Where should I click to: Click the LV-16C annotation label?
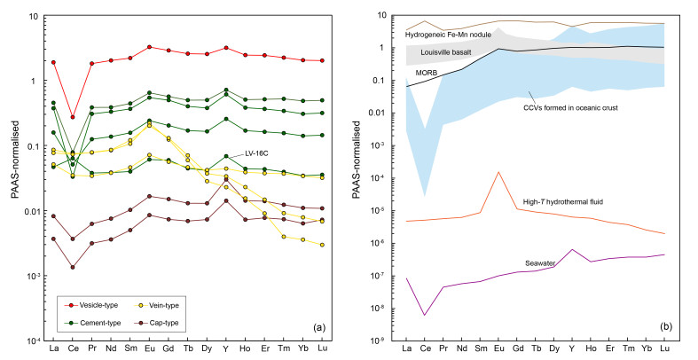257,153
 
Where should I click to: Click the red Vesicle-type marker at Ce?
73,116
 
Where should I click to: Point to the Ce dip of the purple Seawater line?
425,315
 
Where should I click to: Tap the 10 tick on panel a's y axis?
34,16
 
